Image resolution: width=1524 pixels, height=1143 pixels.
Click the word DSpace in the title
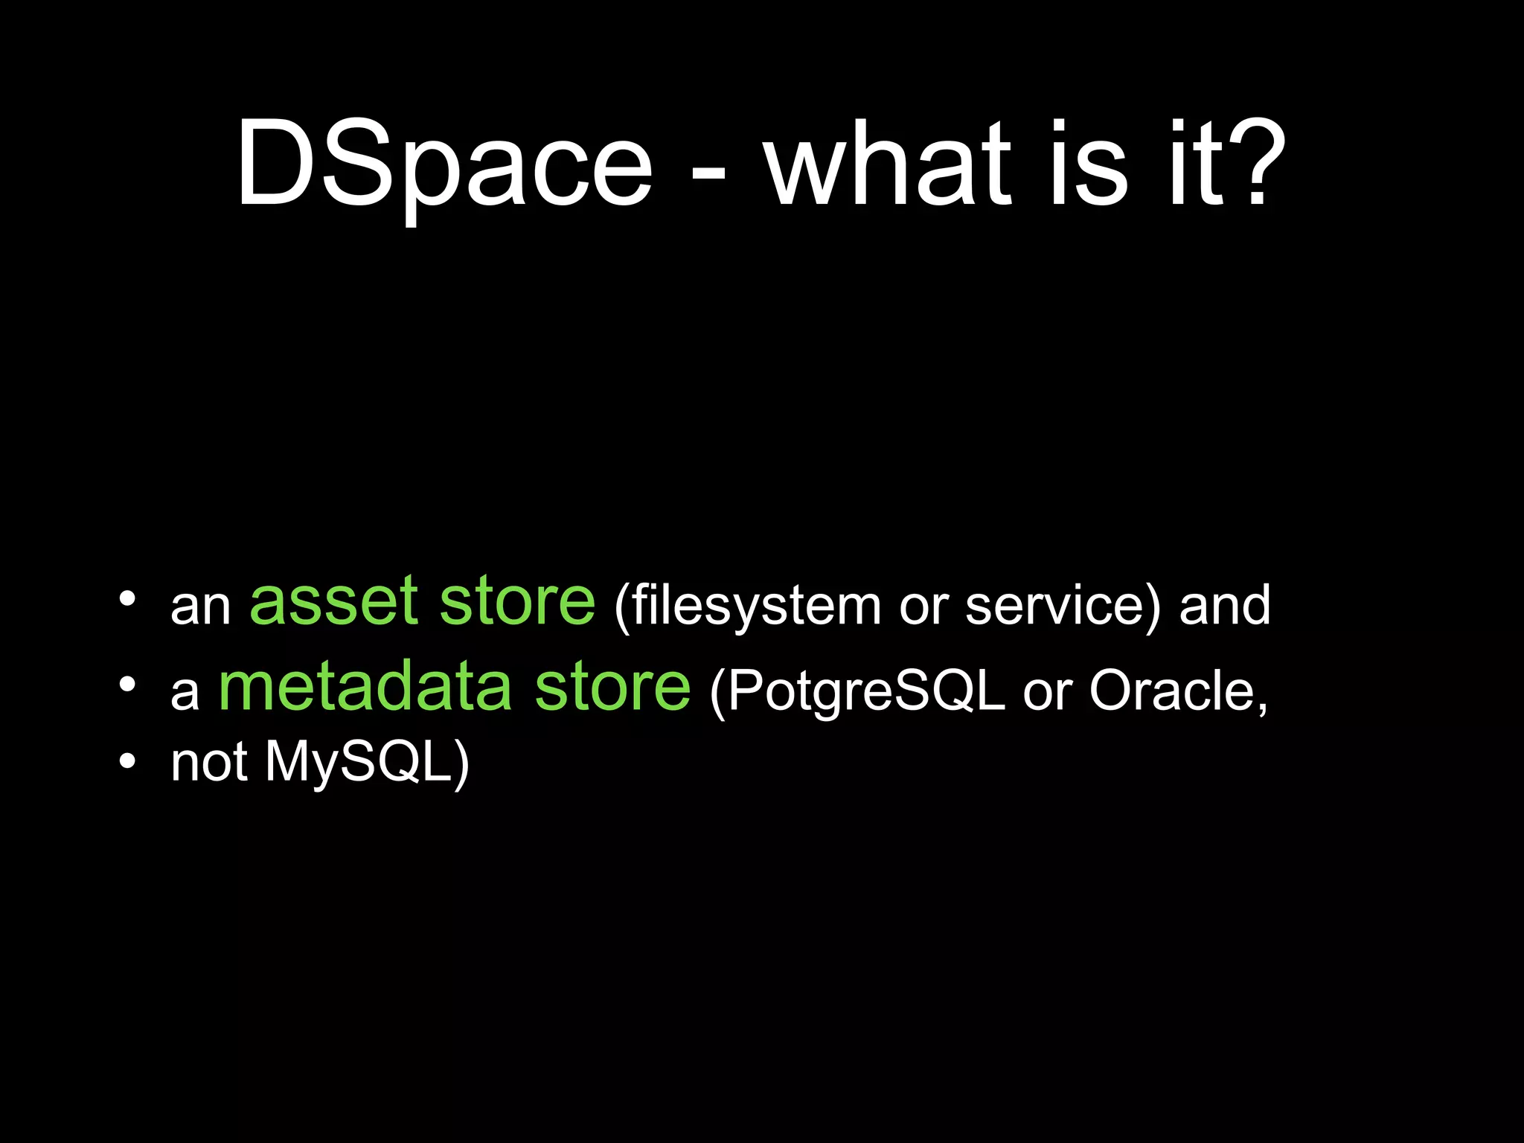pos(444,165)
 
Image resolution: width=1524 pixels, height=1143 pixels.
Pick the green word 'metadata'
pos(365,688)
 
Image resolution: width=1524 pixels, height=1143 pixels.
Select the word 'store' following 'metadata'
pos(612,688)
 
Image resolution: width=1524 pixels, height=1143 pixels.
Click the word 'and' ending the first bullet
pos(1225,606)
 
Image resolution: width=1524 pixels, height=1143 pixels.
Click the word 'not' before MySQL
pos(209,763)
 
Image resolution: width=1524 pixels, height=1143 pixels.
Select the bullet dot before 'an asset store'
pos(127,599)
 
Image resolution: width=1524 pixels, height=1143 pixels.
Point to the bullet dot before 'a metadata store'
pos(127,684)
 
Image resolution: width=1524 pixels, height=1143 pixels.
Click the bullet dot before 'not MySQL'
pos(127,761)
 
